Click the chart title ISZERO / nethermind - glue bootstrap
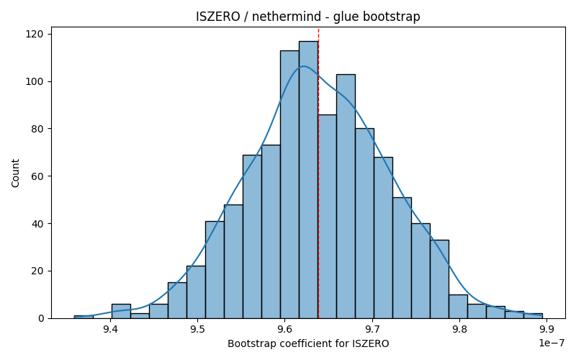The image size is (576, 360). click(x=308, y=17)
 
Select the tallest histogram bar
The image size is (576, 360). click(x=309, y=179)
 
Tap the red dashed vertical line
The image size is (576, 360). click(x=318, y=173)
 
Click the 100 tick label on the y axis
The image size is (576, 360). click(x=34, y=81)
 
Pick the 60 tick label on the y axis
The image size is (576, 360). click(x=37, y=176)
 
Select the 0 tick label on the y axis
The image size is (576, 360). click(x=40, y=318)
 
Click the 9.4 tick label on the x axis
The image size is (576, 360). click(x=111, y=329)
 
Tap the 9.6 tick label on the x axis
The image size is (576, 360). click(x=285, y=329)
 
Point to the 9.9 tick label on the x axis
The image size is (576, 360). click(x=547, y=329)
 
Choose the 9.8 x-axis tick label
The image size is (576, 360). click(x=460, y=329)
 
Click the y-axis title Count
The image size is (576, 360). click(x=15, y=173)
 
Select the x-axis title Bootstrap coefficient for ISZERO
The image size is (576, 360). click(x=308, y=343)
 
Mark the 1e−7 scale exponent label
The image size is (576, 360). click(x=552, y=343)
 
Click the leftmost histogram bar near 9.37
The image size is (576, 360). click(x=84, y=317)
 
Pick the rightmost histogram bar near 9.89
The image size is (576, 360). click(x=533, y=316)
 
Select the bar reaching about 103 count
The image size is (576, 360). click(x=346, y=197)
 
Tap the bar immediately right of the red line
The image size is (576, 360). click(x=328, y=217)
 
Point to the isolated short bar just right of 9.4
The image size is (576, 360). click(x=121, y=311)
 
